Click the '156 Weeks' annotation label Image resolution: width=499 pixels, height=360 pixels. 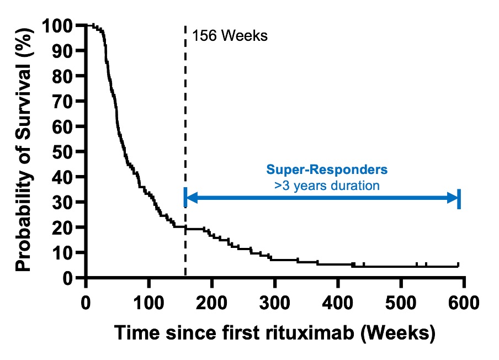pos(230,37)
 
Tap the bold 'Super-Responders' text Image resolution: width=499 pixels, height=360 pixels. pos(327,171)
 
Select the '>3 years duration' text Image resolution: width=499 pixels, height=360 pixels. pos(327,186)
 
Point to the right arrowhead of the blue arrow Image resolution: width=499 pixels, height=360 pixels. pos(454,198)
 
